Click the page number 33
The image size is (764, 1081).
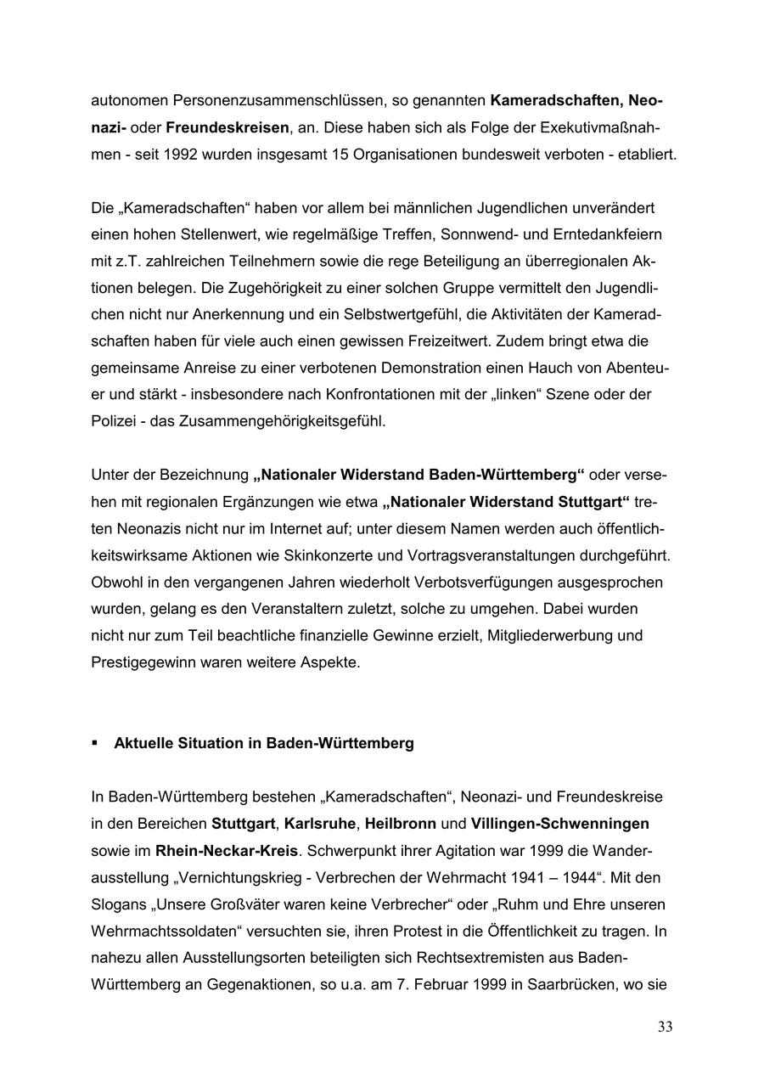coord(665,1028)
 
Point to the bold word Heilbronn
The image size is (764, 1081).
coord(401,824)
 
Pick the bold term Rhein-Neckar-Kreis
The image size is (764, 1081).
coord(227,850)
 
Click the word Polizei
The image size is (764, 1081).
coord(113,420)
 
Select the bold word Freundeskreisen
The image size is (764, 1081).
coord(228,128)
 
